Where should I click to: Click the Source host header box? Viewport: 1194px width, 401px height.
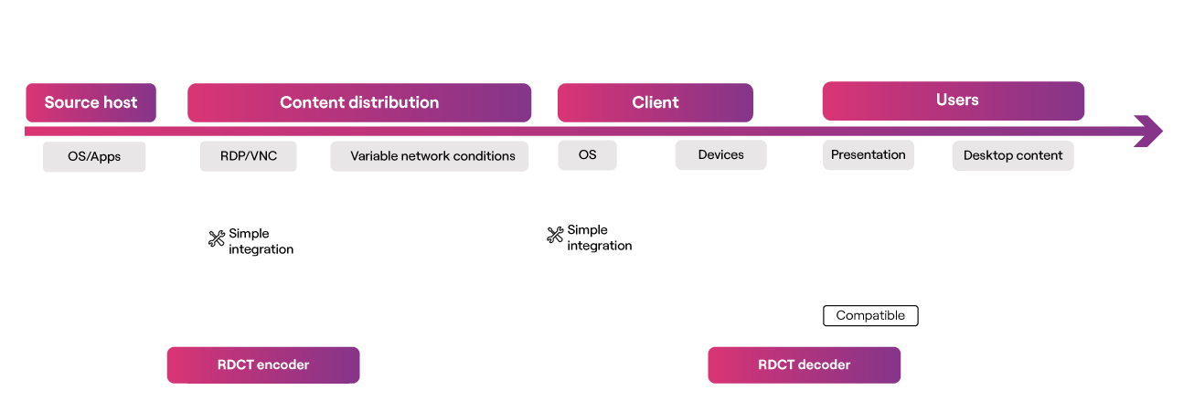point(91,102)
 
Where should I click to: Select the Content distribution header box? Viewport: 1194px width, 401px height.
point(359,102)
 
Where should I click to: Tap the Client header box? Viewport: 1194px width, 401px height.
point(656,102)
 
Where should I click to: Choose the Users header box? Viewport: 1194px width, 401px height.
point(953,100)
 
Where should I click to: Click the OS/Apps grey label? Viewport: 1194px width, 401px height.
point(94,156)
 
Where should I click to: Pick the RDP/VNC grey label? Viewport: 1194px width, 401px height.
point(249,156)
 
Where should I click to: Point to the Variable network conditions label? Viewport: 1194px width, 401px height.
point(430,156)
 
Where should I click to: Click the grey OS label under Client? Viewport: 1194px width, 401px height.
point(588,155)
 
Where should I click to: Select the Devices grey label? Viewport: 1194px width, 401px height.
point(720,155)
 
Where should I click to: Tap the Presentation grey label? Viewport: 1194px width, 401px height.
point(869,155)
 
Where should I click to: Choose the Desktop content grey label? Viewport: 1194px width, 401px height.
point(1013,155)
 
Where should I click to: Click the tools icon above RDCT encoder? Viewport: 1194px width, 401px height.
point(217,238)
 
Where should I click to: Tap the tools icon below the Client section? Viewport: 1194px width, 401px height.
point(556,235)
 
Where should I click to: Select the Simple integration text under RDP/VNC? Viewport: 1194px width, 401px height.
point(261,241)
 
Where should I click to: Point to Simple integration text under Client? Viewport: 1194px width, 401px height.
point(599,237)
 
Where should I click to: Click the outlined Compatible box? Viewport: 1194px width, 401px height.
point(870,316)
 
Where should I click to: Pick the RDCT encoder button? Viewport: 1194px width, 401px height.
point(263,364)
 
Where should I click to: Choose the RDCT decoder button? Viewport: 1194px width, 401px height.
point(805,364)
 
